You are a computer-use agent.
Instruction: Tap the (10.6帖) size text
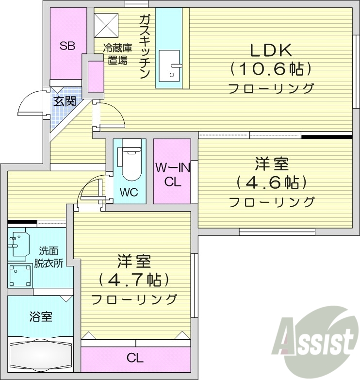tap(270, 69)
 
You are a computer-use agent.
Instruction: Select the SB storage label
tap(67, 46)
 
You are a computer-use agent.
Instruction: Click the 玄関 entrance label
tap(64, 101)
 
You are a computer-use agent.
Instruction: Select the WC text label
tap(129, 193)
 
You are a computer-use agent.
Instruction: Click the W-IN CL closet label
tap(172, 175)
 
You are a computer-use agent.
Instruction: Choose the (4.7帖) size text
tap(133, 280)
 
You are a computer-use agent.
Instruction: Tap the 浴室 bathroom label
tap(41, 317)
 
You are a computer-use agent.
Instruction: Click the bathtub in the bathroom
tap(41, 357)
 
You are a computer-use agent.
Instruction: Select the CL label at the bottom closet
tap(135, 359)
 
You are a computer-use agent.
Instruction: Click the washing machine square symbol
tap(20, 276)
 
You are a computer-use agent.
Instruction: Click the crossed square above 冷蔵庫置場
tap(107, 23)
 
